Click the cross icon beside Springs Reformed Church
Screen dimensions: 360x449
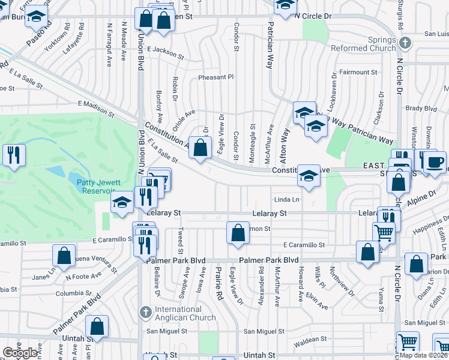tap(405, 43)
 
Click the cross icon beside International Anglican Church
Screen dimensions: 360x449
tap(145, 312)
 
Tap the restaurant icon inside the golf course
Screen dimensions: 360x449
tap(13, 155)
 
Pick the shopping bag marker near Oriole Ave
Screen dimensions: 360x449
tap(200, 147)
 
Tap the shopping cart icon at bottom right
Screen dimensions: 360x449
tap(408, 342)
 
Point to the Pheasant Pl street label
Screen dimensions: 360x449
tap(215, 77)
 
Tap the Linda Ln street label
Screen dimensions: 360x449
tap(286, 199)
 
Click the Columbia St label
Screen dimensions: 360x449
tap(70, 293)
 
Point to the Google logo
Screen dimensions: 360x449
tap(20, 353)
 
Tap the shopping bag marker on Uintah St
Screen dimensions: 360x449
tap(97, 327)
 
